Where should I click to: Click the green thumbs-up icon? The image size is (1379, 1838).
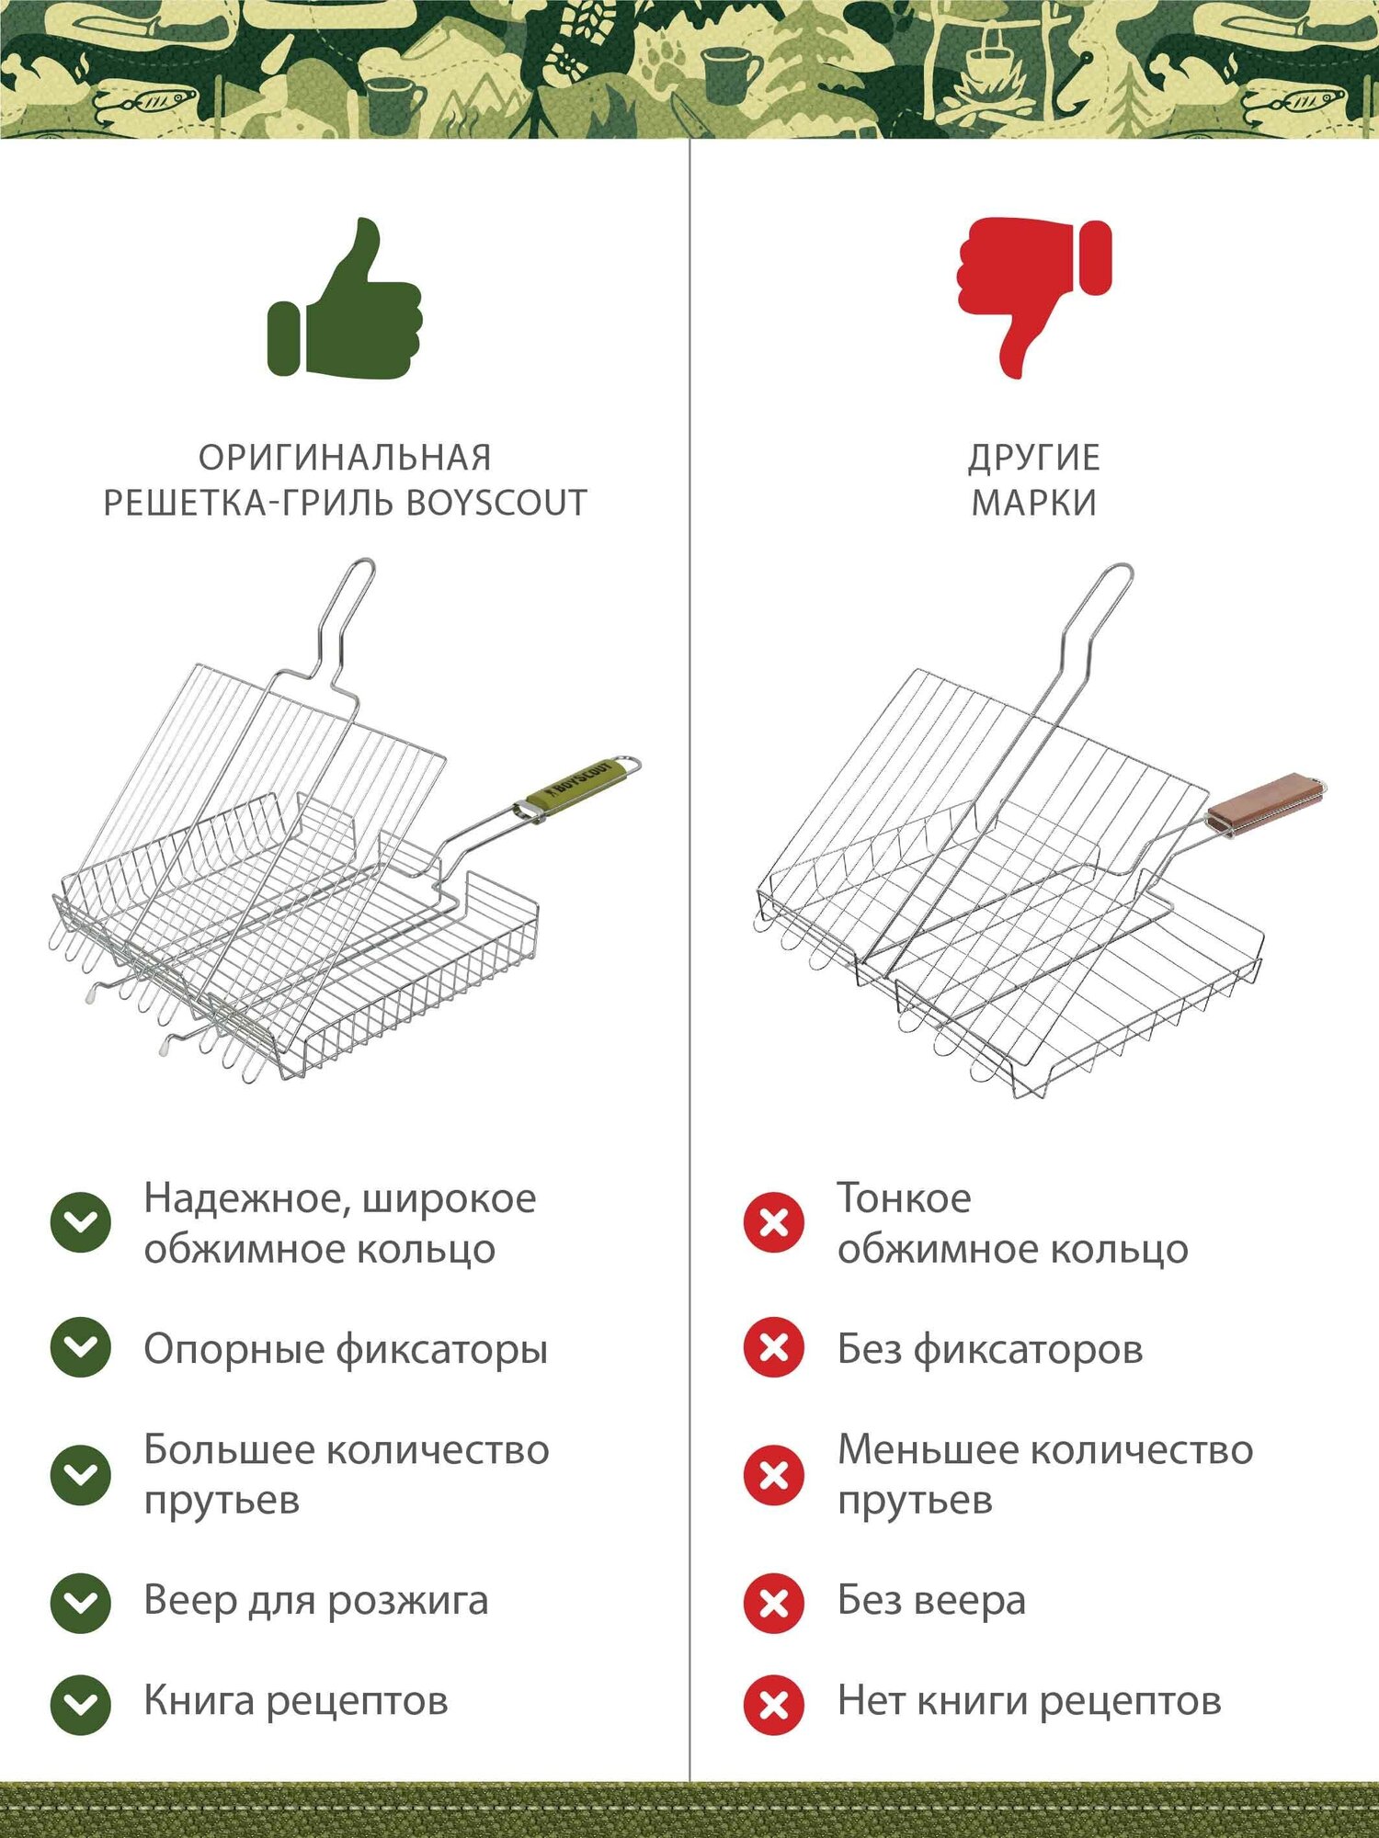coord(345,299)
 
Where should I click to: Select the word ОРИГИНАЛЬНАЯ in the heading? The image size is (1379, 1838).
coord(345,458)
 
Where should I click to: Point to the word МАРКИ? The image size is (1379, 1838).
coord(1034,504)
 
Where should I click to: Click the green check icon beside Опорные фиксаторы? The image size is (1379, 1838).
coord(81,1347)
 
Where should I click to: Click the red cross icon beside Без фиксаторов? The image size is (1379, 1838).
coord(774,1347)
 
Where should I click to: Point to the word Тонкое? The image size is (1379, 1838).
coord(904,1198)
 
